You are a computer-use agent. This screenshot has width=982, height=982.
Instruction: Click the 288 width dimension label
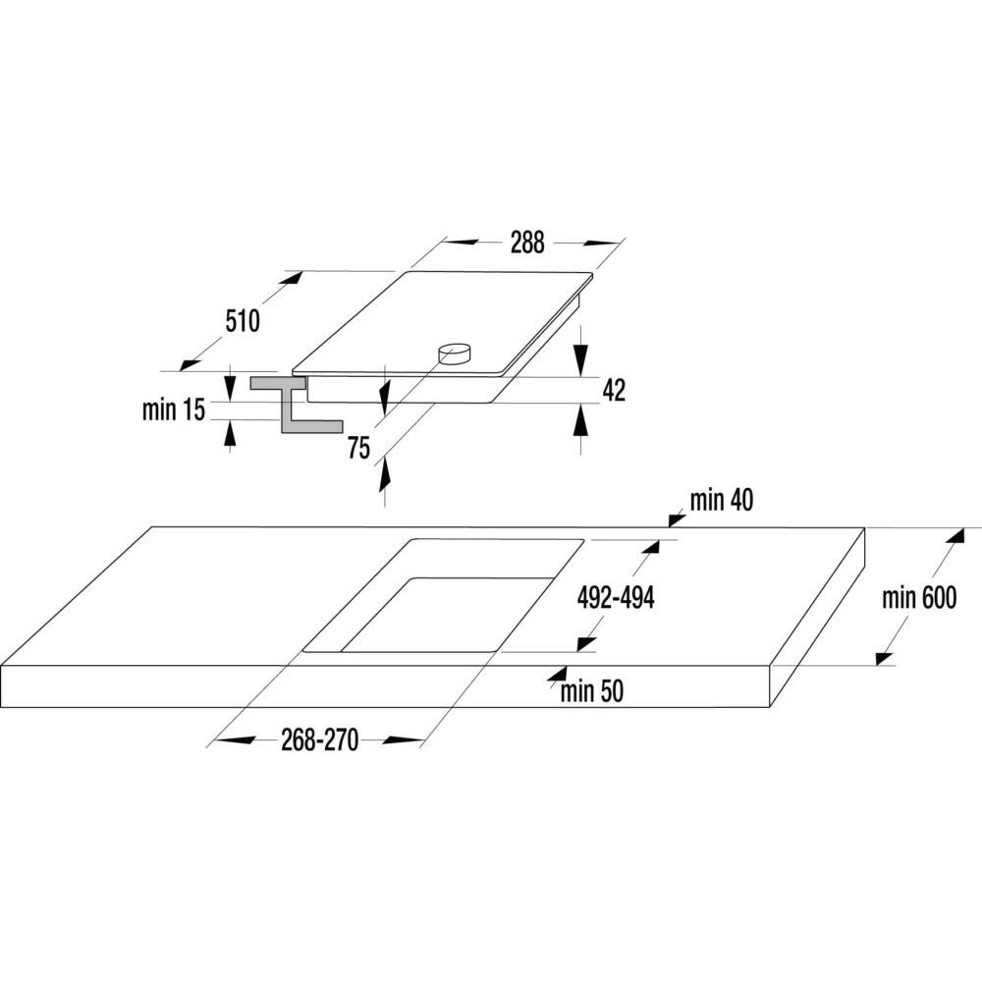coord(527,243)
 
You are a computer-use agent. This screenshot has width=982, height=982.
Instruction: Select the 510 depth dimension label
coord(243,321)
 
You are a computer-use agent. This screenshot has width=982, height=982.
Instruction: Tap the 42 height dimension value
coord(614,390)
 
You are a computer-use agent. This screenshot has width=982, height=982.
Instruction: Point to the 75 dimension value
coord(358,448)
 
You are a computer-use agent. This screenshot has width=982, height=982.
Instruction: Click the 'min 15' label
coord(174,409)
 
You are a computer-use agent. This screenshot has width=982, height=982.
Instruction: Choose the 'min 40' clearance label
coord(722,500)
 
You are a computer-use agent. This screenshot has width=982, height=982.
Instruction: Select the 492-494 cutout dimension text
coord(616,597)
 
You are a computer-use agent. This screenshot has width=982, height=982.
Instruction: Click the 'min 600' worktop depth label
coord(919,597)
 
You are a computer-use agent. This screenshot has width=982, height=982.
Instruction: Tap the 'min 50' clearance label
coord(592,690)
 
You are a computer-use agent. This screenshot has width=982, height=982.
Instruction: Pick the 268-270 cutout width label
coord(319,739)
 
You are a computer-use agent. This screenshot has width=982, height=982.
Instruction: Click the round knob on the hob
coord(454,354)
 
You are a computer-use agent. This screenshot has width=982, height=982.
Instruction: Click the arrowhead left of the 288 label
coord(462,242)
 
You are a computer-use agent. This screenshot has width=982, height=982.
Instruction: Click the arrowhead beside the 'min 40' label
coord(677,518)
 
